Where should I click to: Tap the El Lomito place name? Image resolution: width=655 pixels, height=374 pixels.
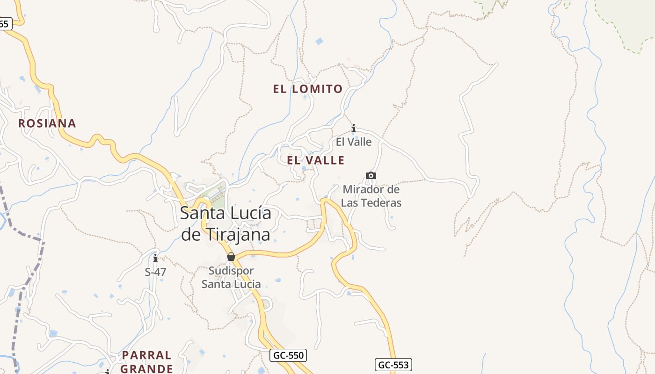tap(308, 89)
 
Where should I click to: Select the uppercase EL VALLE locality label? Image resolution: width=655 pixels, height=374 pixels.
tap(316, 160)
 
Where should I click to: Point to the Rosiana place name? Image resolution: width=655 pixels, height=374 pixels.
tap(47, 123)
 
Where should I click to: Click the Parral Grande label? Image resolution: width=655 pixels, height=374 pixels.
tap(147, 362)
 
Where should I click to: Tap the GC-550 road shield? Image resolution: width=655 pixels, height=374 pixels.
tap(288, 355)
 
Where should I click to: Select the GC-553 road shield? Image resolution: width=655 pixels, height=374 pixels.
tap(393, 365)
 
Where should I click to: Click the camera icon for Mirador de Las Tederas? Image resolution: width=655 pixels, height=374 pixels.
tap(371, 176)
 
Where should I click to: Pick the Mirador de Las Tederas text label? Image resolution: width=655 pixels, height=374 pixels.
tap(371, 196)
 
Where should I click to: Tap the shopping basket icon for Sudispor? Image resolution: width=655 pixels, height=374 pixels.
tap(231, 257)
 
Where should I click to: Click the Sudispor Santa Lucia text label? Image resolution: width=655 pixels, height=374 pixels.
tap(231, 277)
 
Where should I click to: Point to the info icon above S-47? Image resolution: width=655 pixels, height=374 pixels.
tap(155, 258)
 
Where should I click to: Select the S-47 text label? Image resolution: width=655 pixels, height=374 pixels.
tap(155, 272)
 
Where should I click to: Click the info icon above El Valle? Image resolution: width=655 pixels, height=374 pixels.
tap(354, 128)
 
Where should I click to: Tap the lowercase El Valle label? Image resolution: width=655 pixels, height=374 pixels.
tap(354, 142)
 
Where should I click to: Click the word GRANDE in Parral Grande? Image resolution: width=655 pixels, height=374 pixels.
tap(147, 368)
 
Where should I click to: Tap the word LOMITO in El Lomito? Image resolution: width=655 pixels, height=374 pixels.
tap(317, 89)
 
